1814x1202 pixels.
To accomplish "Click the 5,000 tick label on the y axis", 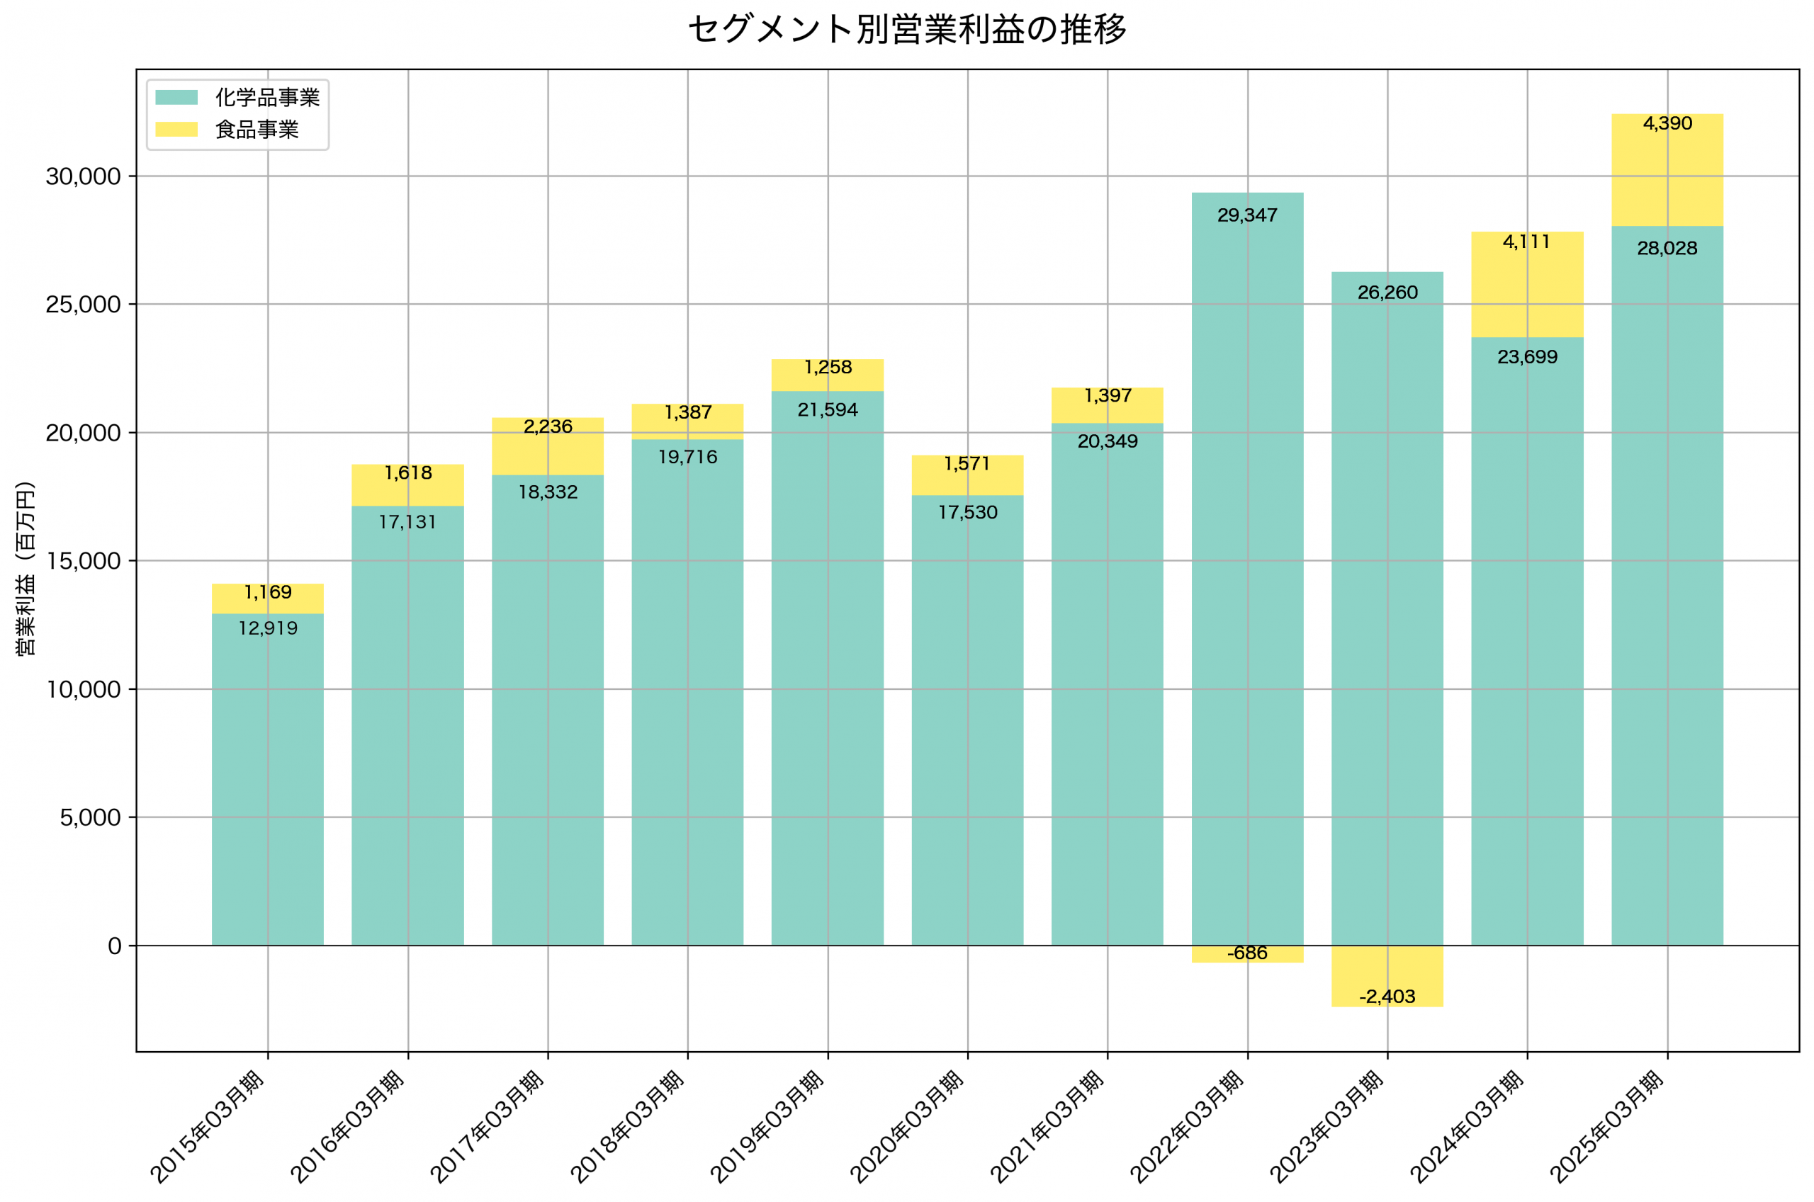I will click(90, 817).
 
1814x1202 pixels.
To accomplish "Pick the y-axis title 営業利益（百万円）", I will click(26, 568).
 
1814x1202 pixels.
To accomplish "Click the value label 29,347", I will click(1247, 215).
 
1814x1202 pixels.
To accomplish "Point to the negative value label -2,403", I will click(1387, 997).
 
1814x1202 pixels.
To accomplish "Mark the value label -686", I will click(1247, 953).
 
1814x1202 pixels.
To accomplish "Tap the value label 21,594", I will click(827, 410).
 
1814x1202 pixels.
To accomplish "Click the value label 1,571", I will click(967, 464).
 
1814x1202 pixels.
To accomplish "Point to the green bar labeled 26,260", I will click(1387, 613).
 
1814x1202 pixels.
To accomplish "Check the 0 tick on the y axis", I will click(114, 946).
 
